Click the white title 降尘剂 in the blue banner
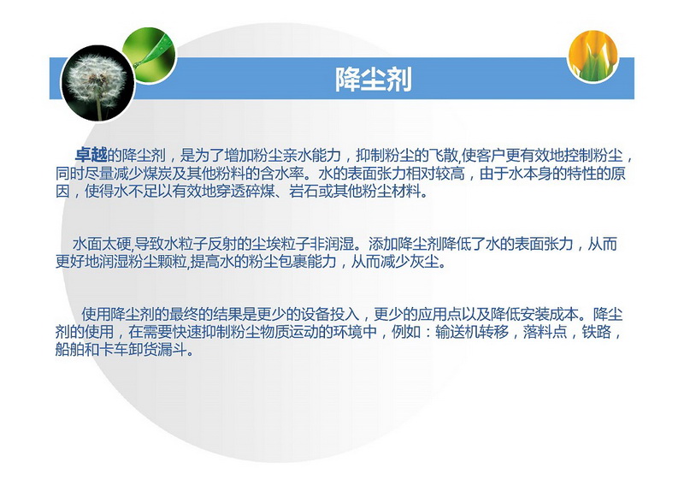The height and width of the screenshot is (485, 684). [374, 79]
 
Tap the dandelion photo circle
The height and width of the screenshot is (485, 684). [97, 83]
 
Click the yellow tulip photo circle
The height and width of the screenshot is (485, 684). [593, 56]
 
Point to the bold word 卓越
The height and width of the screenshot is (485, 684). [91, 155]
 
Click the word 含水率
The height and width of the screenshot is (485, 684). [282, 174]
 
